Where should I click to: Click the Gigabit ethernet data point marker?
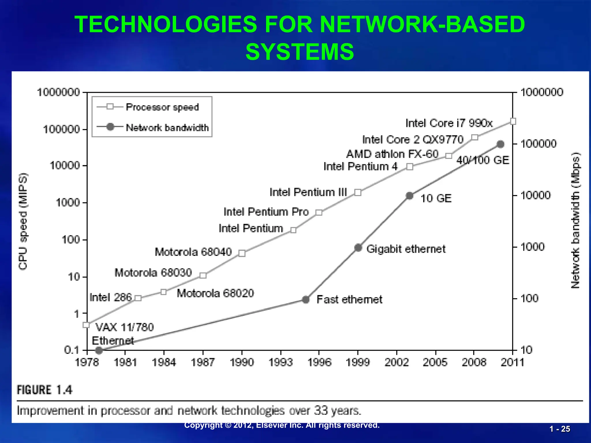358,248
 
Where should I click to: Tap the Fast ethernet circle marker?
306,300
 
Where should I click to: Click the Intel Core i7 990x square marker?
513,121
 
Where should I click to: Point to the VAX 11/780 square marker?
86,325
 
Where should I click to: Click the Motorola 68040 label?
193,252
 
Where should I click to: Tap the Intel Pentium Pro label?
266,212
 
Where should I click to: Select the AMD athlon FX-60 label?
392,154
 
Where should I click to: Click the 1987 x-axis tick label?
203,362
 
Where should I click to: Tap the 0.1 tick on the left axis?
72,350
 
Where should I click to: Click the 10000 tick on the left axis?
65,166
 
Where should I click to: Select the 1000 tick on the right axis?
532,247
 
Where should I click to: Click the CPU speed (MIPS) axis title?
23,221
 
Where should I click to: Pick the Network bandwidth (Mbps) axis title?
575,221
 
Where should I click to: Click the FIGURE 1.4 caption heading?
45,390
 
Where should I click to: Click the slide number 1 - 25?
560,429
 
